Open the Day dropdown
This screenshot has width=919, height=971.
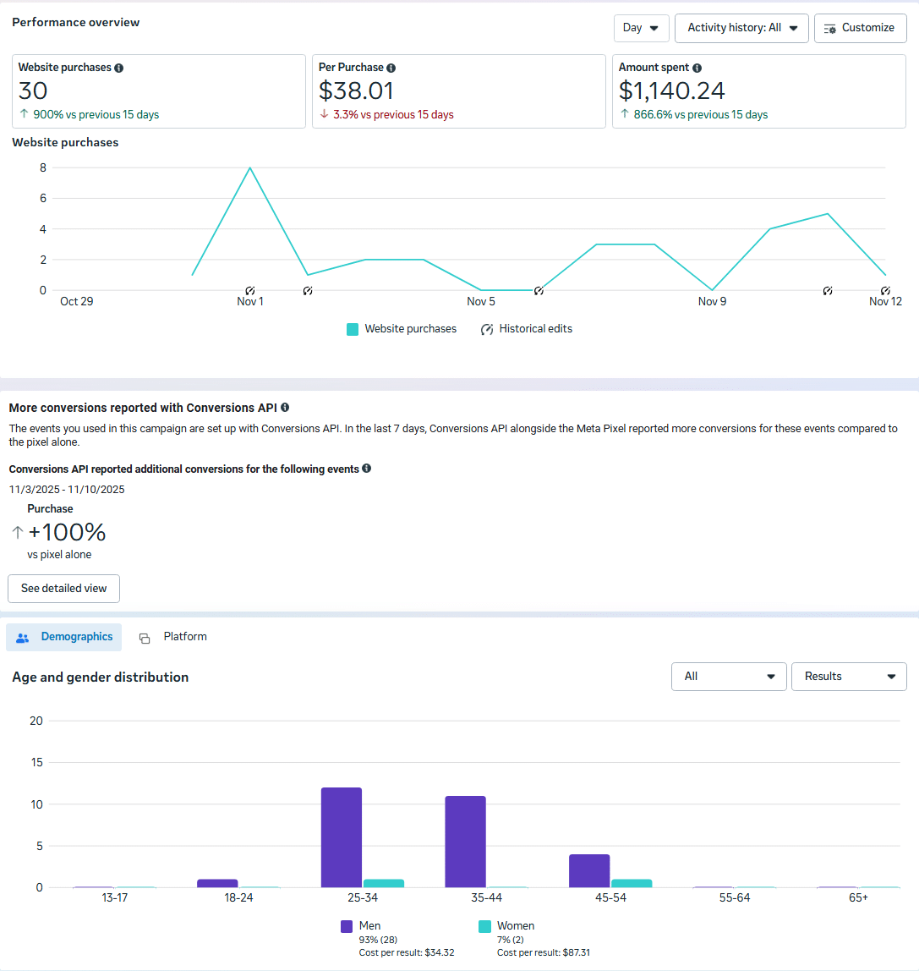pyautogui.click(x=641, y=28)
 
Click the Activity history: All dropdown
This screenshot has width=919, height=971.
pyautogui.click(x=741, y=28)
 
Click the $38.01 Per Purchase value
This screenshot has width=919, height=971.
pyautogui.click(x=356, y=91)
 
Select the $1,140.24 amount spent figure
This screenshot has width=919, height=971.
pyautogui.click(x=671, y=91)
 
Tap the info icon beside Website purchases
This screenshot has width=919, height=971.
pyautogui.click(x=118, y=68)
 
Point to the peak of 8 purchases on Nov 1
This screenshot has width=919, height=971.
pyautogui.click(x=249, y=167)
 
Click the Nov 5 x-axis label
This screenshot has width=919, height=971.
pyautogui.click(x=481, y=301)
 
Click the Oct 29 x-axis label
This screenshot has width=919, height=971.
pyautogui.click(x=76, y=301)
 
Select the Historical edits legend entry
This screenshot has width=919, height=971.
pyautogui.click(x=526, y=329)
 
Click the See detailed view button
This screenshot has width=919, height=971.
pyautogui.click(x=63, y=589)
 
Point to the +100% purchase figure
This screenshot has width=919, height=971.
pyautogui.click(x=67, y=532)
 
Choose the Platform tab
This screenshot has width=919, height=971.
pyautogui.click(x=173, y=637)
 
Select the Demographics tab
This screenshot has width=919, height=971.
pyautogui.click(x=64, y=637)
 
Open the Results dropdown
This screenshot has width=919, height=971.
pyautogui.click(x=848, y=677)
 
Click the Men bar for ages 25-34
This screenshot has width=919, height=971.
pyautogui.click(x=342, y=837)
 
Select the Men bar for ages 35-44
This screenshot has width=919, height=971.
pyautogui.click(x=466, y=842)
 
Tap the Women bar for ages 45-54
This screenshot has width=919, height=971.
pyautogui.click(x=632, y=883)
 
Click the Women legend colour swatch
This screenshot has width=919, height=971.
pyautogui.click(x=484, y=926)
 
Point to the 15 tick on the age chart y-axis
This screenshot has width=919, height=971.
pyautogui.click(x=36, y=762)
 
